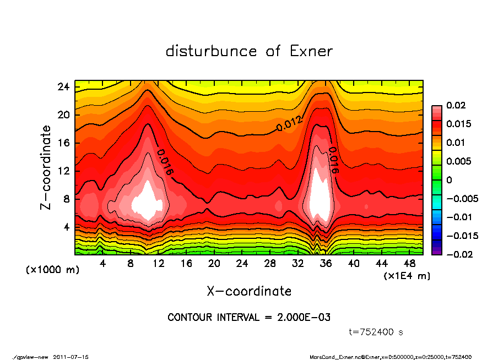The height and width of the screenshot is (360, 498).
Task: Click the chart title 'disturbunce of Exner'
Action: click(249, 51)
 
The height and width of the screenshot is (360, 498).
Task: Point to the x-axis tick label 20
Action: click(214, 263)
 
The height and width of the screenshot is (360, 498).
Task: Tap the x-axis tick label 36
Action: click(326, 263)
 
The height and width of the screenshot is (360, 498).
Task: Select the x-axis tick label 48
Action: click(409, 263)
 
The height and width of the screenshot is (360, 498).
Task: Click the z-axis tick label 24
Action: click(63, 87)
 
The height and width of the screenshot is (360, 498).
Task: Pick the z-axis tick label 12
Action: click(63, 171)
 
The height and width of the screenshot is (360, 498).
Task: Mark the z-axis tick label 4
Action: click(66, 227)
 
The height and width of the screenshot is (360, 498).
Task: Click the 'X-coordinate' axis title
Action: click(249, 291)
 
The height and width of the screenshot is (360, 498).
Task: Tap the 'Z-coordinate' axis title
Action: click(46, 168)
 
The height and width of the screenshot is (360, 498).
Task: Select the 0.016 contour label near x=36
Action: click(334, 160)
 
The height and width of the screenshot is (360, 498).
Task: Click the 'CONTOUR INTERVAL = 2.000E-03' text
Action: click(248, 318)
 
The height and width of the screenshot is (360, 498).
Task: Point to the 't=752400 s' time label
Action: click(376, 332)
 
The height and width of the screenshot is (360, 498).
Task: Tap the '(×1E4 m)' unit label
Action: click(407, 275)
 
